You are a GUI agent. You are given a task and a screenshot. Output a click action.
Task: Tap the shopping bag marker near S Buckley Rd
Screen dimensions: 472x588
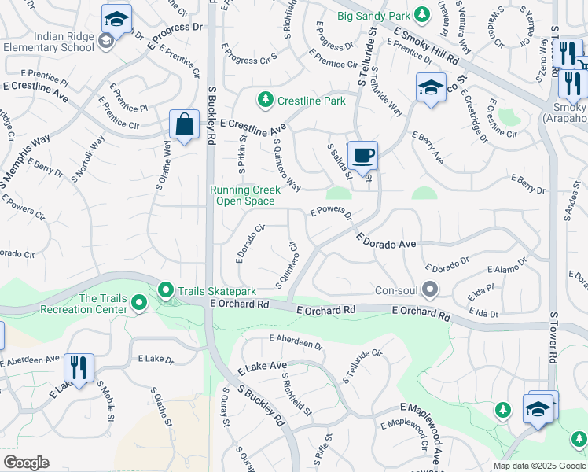pyautogui.click(x=184, y=124)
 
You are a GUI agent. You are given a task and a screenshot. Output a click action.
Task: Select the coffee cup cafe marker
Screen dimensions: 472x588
pyautogui.click(x=362, y=155)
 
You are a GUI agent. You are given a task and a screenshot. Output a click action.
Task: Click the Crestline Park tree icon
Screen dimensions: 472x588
pyautogui.click(x=266, y=100)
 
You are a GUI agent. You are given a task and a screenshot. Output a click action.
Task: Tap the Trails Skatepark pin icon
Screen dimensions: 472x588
pyautogui.click(x=166, y=291)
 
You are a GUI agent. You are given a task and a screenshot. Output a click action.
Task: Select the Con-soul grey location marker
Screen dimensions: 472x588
pyautogui.click(x=430, y=289)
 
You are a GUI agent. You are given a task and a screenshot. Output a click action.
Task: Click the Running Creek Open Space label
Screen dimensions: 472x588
pyautogui.click(x=244, y=195)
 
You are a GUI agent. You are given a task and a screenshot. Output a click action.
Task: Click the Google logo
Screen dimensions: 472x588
pyautogui.click(x=26, y=463)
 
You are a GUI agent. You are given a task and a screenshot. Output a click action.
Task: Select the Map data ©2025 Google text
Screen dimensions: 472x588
pyautogui.click(x=538, y=466)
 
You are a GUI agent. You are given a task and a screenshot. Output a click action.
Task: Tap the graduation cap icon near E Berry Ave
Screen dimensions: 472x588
pyautogui.click(x=431, y=87)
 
